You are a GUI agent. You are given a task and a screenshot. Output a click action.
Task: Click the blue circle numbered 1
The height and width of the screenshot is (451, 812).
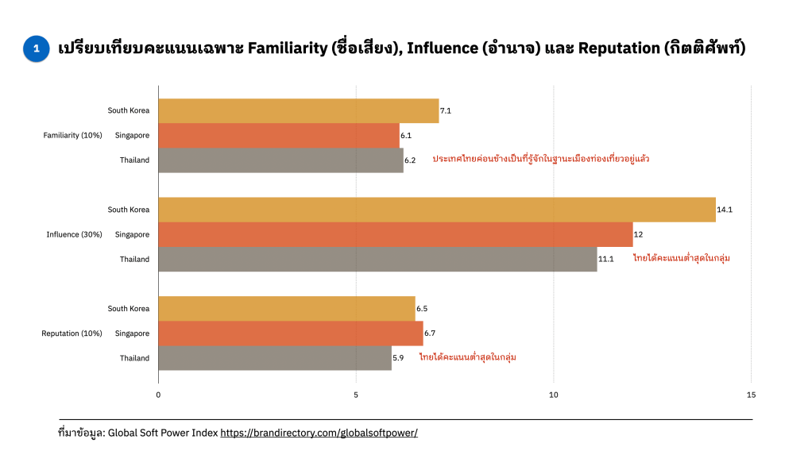coord(36,48)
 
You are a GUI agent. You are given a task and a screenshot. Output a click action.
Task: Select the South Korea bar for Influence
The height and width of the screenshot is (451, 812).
coord(436,210)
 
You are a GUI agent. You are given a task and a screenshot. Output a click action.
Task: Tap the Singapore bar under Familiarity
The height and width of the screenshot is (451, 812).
coord(279,135)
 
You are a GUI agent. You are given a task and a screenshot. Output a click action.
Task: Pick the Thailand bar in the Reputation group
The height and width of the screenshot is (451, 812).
coord(275,358)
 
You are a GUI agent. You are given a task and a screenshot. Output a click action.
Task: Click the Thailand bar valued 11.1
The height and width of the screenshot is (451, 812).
coord(377,259)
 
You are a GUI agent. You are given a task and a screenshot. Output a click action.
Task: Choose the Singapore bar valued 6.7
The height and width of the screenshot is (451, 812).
coord(291,333)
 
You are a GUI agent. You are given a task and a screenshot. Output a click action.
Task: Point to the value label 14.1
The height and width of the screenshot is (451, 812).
coord(725,210)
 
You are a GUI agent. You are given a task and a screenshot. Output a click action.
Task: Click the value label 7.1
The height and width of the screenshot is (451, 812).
coord(446,111)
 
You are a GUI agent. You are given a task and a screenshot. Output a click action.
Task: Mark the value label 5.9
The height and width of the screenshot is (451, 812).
coord(398,358)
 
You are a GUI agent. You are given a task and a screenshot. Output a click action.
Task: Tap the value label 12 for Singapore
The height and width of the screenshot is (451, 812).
coord(638,235)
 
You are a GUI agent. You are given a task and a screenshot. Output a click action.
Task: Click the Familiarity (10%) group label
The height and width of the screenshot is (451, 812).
coord(72,135)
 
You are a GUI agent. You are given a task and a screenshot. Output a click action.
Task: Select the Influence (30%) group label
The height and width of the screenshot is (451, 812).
coord(74,234)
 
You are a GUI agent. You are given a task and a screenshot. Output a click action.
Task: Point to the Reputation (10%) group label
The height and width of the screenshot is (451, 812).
coord(72,333)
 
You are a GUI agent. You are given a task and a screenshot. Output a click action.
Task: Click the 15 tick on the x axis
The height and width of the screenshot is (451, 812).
coord(751,395)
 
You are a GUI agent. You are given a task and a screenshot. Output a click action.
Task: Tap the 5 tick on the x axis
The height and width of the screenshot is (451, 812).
coord(356,395)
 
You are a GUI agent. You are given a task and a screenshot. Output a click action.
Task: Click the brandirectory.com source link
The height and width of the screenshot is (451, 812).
coord(319,433)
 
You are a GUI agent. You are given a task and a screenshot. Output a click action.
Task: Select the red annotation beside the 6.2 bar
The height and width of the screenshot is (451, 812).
coord(540,160)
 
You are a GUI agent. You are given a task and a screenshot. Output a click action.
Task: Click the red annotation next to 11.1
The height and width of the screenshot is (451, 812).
coord(681,259)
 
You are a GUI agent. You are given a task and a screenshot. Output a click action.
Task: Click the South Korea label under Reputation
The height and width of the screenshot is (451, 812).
coord(129,308)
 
